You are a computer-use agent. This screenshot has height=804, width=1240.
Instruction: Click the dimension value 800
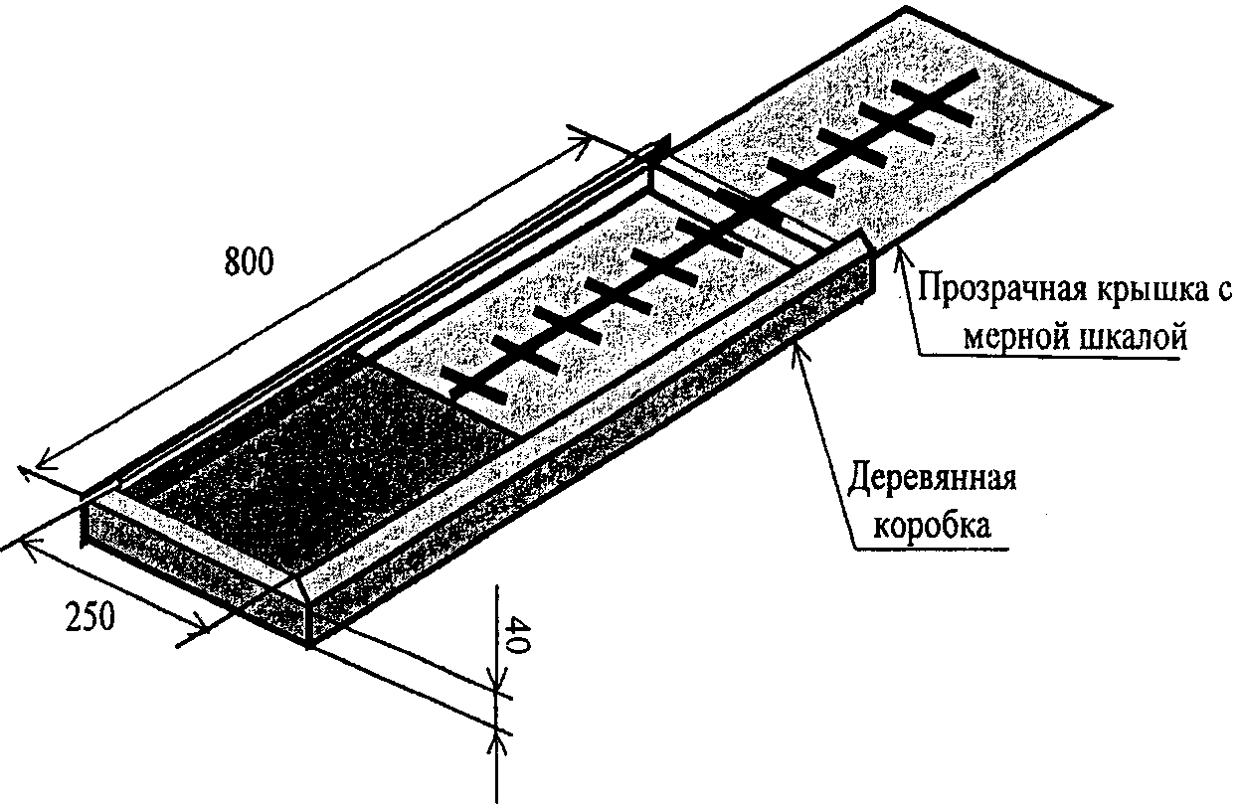pyautogui.click(x=247, y=262)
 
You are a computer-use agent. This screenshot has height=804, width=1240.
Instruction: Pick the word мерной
pyautogui.click(x=1014, y=338)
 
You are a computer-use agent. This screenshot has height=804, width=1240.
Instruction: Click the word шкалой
pyautogui.click(x=1134, y=338)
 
